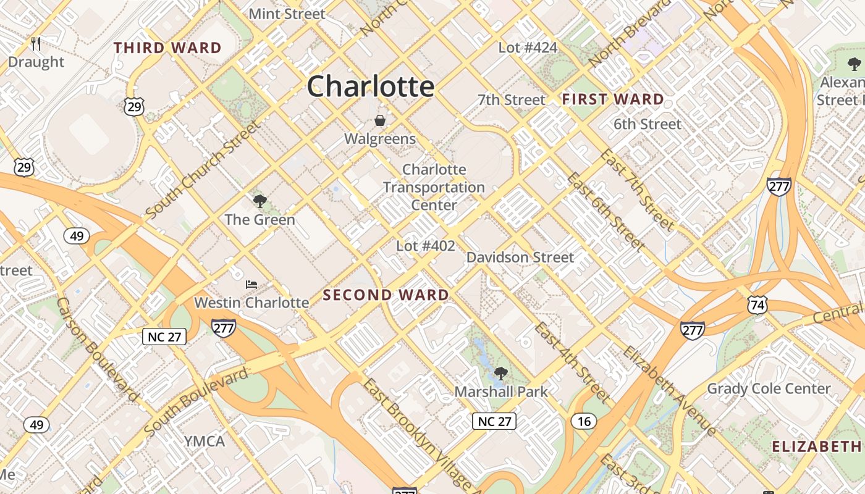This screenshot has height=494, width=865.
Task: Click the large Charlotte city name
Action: coord(371,86)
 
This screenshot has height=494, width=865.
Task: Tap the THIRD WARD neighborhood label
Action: coord(167,48)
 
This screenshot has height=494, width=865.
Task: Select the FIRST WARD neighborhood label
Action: coord(612,99)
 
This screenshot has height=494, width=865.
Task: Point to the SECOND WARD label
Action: coord(386,295)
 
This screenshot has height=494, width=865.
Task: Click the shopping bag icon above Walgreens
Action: coord(380,120)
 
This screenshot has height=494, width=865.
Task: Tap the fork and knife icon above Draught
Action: coord(36,44)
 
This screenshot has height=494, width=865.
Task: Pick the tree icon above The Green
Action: coord(260,201)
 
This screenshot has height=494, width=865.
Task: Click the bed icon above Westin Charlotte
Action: coord(251,285)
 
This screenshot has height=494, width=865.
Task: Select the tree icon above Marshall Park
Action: coord(500,373)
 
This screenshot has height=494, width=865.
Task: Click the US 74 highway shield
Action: coord(757,304)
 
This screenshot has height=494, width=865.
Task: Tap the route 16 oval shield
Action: coord(584,422)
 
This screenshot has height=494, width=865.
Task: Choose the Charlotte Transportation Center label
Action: coord(434,187)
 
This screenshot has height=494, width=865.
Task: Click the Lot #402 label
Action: coord(426,246)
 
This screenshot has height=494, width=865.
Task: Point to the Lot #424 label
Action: coord(528,48)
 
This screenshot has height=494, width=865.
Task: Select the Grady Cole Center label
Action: coord(769,389)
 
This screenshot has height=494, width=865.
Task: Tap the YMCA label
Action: coord(205,442)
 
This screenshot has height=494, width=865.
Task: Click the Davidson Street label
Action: coord(520,257)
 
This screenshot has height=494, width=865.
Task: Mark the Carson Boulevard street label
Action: coord(97,349)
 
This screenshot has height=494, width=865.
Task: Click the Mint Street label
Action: coord(287,14)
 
